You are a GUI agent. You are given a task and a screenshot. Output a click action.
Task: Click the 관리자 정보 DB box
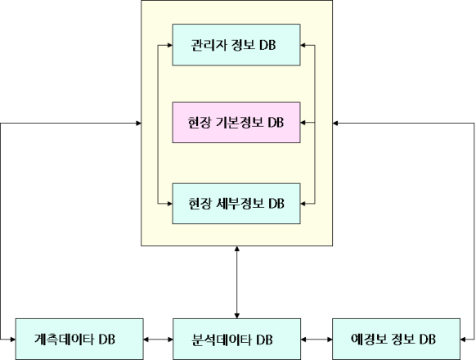tap(236, 45)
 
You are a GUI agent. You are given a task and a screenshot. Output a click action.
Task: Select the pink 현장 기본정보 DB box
tap(236, 123)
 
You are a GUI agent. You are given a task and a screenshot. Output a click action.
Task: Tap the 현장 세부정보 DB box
tap(236, 204)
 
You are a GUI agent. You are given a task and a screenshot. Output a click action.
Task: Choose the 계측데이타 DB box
tap(79, 339)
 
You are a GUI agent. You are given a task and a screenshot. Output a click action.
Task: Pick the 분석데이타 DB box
tap(237, 339)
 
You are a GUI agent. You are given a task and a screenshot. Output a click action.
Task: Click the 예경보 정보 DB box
tap(396, 339)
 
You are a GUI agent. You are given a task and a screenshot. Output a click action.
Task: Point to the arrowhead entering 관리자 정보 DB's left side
tap(169, 45)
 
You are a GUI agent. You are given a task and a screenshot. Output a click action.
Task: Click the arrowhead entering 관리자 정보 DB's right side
tap(303, 45)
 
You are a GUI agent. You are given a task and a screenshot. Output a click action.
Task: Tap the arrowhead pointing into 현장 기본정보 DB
tap(303, 123)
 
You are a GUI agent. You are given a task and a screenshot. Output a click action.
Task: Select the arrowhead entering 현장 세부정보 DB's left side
tap(169, 203)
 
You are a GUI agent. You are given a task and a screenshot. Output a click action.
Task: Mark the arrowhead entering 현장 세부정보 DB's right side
tap(303, 203)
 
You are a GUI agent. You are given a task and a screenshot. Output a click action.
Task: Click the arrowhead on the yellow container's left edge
tap(138, 123)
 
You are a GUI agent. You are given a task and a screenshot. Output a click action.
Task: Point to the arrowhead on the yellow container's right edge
tap(335, 123)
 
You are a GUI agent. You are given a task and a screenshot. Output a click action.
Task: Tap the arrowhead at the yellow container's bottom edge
tap(237, 249)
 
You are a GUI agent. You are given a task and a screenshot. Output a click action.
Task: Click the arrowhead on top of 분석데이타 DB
tap(237, 316)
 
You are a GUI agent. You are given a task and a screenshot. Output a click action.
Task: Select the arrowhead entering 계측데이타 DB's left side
tap(13, 339)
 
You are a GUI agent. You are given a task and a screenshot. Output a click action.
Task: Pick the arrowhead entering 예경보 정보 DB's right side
tap(463, 339)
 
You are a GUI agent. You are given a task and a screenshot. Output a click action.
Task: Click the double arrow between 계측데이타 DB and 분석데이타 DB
tap(158, 339)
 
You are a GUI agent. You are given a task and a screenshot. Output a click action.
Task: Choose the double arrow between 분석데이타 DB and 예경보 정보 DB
tap(317, 339)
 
